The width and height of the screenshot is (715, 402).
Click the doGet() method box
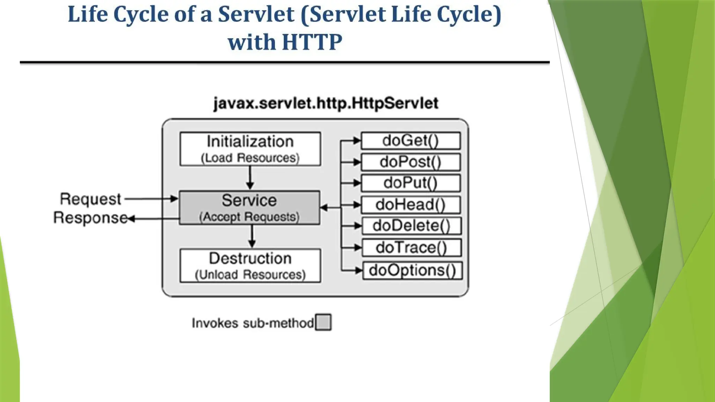(411, 141)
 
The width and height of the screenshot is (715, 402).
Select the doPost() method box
(411, 162)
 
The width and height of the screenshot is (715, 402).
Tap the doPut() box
(411, 183)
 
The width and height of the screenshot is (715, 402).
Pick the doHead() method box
(411, 205)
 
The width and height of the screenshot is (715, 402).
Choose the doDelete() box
(412, 226)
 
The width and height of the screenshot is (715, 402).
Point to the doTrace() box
(412, 248)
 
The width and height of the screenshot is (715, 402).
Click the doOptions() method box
(412, 270)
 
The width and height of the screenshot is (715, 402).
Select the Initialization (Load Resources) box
(250, 149)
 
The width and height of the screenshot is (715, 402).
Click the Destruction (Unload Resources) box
(250, 266)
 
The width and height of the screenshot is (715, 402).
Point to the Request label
(90, 199)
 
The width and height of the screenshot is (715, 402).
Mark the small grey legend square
(323, 322)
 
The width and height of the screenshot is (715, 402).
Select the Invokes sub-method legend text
(253, 323)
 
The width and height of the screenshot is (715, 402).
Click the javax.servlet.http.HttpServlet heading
(326, 104)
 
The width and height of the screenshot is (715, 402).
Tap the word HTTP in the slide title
(312, 42)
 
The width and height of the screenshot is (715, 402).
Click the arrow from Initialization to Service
(250, 178)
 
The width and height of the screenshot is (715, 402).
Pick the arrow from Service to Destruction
(252, 236)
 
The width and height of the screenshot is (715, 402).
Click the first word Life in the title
(88, 15)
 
